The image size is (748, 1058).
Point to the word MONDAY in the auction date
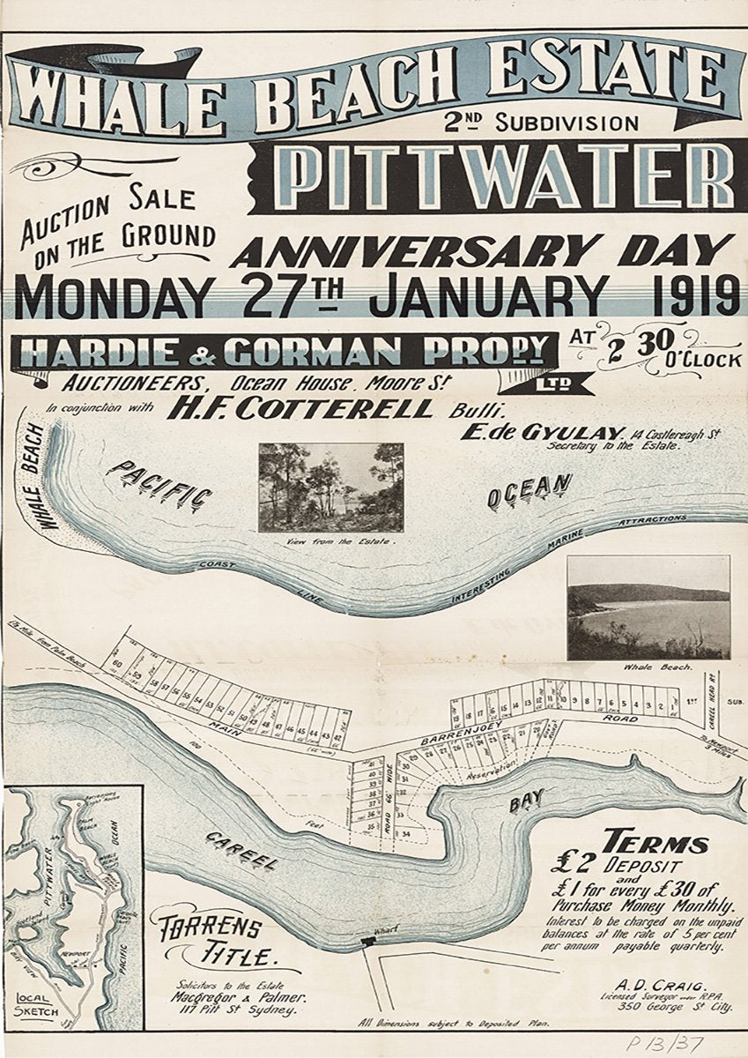(x=108, y=298)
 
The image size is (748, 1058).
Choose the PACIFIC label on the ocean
(x=159, y=484)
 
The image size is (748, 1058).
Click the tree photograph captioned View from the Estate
(x=330, y=488)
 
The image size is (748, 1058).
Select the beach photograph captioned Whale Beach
(x=648, y=607)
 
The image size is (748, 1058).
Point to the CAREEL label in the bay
(x=241, y=850)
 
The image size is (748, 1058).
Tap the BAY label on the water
(x=526, y=801)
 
